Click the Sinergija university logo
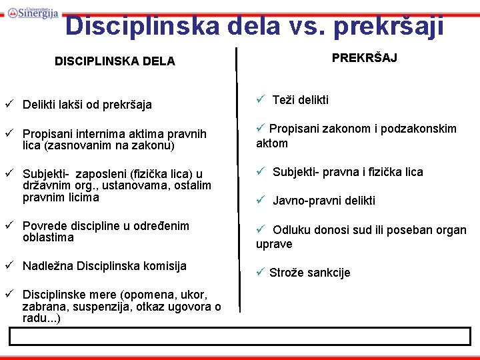click(33, 12)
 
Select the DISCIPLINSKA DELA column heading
click(115, 61)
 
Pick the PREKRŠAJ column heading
click(365, 58)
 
